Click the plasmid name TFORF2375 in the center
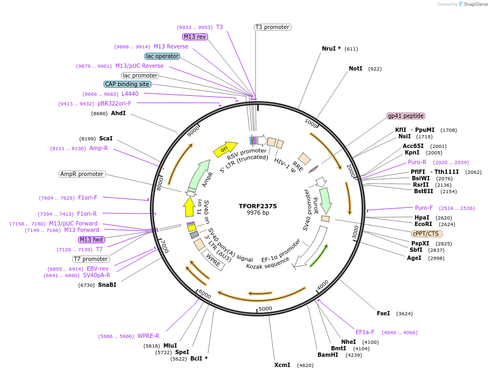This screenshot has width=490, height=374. (x=258, y=206)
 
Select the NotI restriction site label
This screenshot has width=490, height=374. (x=355, y=69)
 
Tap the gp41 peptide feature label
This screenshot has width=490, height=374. (x=406, y=116)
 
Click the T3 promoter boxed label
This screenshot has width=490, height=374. (x=272, y=27)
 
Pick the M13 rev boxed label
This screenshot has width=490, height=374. (x=195, y=37)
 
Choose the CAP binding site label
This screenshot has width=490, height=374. (x=127, y=84)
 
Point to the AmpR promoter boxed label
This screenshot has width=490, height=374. (x=82, y=174)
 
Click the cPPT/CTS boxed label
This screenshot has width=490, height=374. (x=426, y=234)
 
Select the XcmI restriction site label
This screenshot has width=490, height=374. (x=282, y=365)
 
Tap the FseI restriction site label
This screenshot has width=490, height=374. (x=383, y=313)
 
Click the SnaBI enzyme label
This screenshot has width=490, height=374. (x=107, y=285)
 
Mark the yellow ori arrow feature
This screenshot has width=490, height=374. (x=225, y=150)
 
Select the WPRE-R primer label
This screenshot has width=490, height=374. (x=148, y=336)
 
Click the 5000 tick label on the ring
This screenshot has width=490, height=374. (x=265, y=309)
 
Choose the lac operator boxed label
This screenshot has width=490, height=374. (x=162, y=56)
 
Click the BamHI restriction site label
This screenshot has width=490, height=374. (x=328, y=355)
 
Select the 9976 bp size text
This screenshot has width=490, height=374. (x=258, y=213)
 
